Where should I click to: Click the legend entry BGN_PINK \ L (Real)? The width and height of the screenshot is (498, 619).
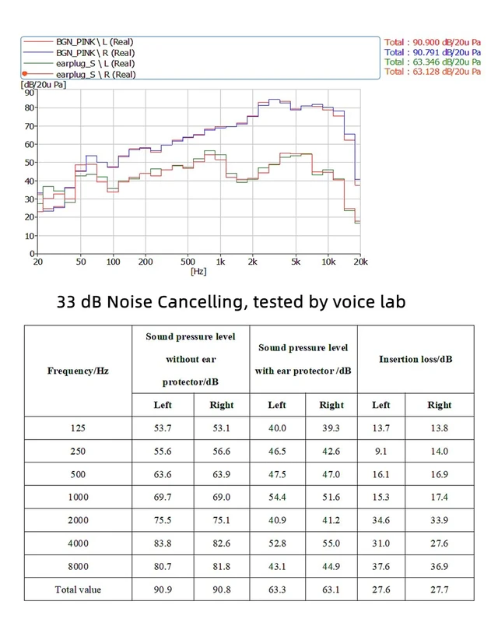point(95,42)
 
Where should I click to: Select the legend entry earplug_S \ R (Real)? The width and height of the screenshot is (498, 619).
point(96,74)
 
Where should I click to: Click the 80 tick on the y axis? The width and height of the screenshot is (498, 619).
point(30,107)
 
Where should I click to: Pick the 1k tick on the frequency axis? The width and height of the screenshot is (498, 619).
point(220,262)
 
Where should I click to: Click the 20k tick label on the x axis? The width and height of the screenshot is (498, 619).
point(361,262)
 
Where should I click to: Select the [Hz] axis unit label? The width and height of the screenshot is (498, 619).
point(198,271)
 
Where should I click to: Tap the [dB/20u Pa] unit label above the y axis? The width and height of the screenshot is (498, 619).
point(44,85)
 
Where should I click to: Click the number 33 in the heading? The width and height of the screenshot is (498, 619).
point(66,302)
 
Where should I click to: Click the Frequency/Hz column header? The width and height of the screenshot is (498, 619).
point(78,371)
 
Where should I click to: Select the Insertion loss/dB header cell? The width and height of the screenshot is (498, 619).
point(416,359)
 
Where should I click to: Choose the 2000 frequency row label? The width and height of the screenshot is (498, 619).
point(78,520)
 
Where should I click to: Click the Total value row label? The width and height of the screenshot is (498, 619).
point(78,589)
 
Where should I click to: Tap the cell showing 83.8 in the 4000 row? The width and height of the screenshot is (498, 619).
point(163,543)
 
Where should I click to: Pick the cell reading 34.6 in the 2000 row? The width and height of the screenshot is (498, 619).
point(381,520)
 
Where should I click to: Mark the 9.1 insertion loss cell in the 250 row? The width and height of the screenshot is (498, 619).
point(381,452)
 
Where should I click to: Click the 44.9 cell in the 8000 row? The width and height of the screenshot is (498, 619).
point(331,567)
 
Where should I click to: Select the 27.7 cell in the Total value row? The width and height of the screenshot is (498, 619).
point(439,589)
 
